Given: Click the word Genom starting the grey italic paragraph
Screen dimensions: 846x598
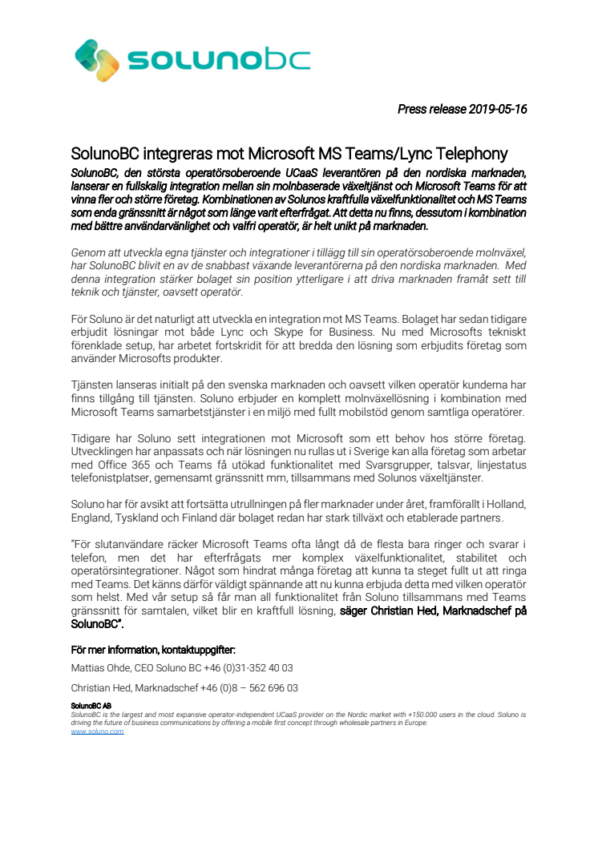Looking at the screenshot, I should click(88, 252).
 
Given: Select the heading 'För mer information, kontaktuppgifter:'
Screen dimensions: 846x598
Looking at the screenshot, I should click(153, 650).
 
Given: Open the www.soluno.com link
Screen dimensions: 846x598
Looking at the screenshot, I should click(97, 731).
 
